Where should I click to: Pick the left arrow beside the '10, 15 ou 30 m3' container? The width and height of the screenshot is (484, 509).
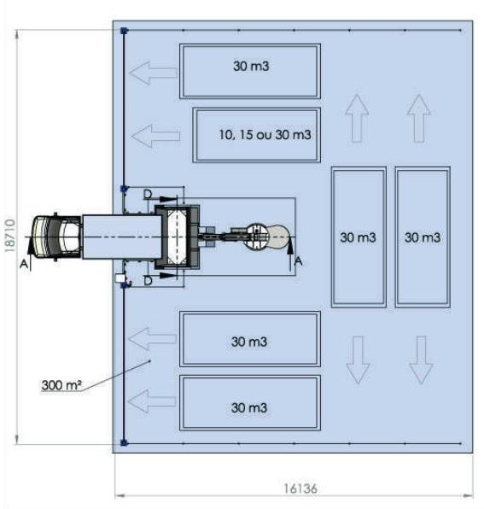coord(156,134)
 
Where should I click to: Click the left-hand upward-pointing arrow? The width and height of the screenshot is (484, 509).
coord(357,117)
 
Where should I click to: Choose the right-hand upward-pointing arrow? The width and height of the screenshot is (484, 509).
coord(418,117)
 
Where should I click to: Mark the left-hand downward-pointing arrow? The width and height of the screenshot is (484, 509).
coord(357,360)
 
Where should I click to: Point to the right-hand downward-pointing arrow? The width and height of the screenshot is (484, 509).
coord(420,360)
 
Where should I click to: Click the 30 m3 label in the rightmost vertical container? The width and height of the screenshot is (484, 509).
coord(422,237)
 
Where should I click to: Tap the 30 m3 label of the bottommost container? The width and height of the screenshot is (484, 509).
coord(249,407)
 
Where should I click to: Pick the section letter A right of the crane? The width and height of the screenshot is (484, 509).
coord(298,263)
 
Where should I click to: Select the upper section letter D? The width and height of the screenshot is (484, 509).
coord(147,196)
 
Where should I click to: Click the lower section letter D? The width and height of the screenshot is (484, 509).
coord(147,279)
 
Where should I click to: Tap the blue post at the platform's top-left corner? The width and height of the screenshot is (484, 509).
coord(125,31)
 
